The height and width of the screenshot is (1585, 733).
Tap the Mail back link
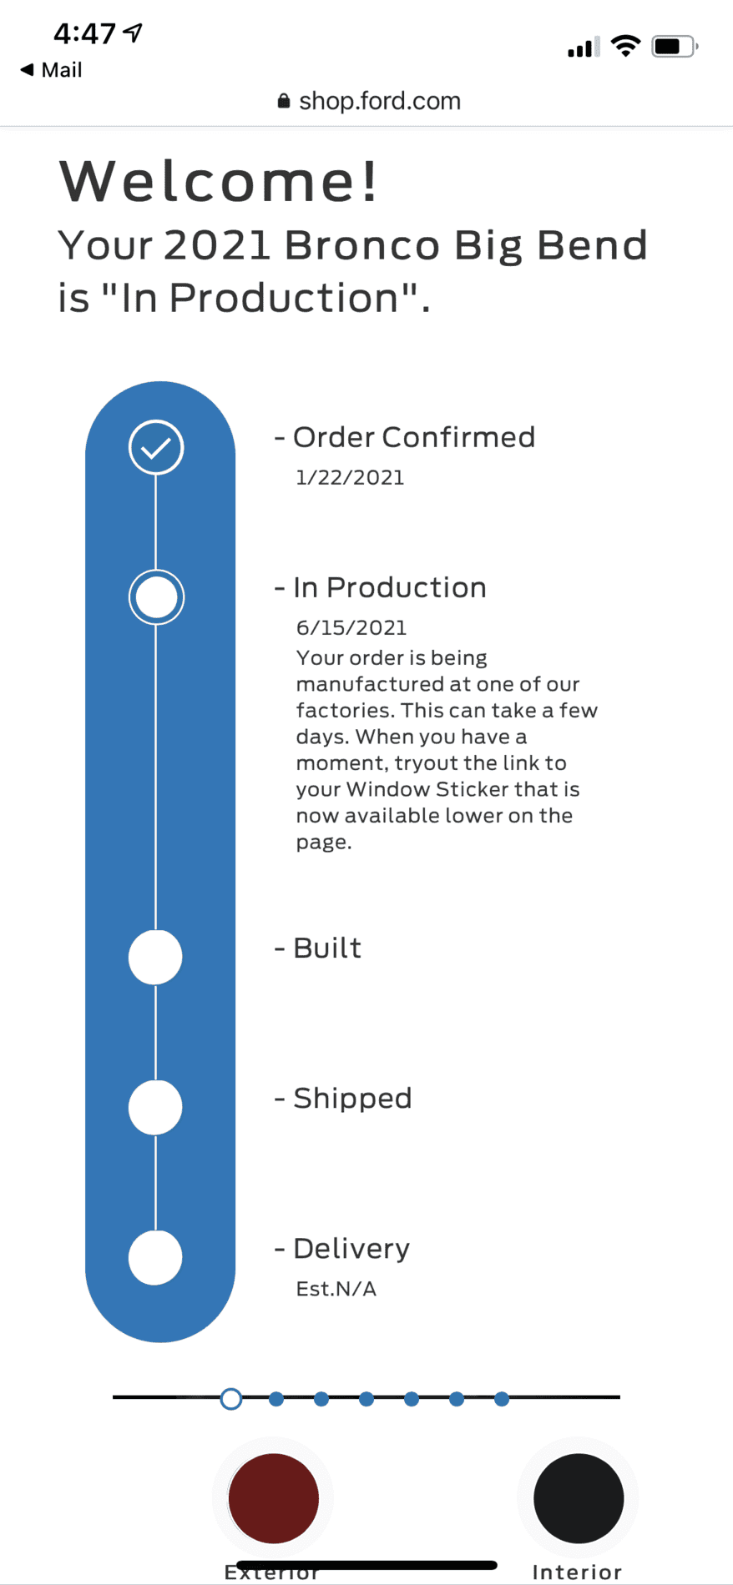[x=51, y=70]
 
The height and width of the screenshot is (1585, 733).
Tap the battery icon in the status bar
[x=675, y=47]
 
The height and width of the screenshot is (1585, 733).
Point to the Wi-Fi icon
[x=625, y=46]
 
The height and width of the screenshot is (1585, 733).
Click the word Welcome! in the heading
[x=219, y=181]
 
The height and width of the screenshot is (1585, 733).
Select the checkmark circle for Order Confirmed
[x=156, y=448]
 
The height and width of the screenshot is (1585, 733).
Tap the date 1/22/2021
[x=350, y=478]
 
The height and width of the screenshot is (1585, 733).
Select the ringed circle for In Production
[x=156, y=597]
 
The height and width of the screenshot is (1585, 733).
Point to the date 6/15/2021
[x=351, y=627]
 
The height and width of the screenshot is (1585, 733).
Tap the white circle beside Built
[x=155, y=957]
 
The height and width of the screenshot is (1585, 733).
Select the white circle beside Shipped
[x=155, y=1107]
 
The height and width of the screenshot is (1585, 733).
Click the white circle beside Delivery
[x=155, y=1257]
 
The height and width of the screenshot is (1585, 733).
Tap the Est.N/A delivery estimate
[x=336, y=1289]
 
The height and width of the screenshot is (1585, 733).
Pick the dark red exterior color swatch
[x=274, y=1498]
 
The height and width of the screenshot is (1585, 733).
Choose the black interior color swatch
[x=579, y=1498]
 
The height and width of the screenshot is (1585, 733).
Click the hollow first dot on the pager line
[x=231, y=1399]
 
